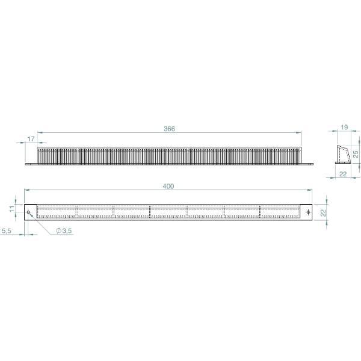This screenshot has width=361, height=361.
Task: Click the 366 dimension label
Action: tap(169, 129)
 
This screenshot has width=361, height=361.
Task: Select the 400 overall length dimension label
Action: tap(168, 186)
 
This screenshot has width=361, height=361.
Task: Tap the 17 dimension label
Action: tap(31, 139)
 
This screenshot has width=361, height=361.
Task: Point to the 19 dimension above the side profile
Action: tap(344, 127)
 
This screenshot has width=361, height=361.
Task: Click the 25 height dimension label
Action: tap(356, 154)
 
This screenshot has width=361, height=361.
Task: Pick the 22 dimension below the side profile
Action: tap(343, 174)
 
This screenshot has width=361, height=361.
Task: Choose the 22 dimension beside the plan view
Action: tap(324, 212)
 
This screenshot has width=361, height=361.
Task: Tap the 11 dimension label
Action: tap(12, 209)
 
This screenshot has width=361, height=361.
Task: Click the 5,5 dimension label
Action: tap(6, 230)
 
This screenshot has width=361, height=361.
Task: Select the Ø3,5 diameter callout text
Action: tap(64, 230)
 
